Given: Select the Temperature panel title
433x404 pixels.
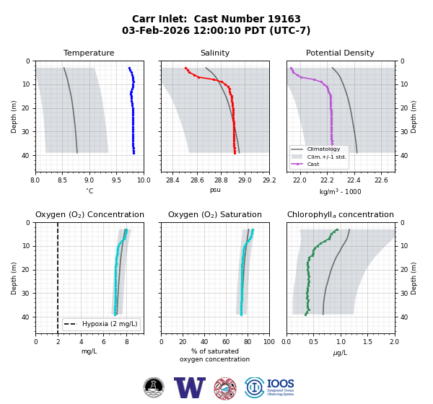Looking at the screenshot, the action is coord(89,53).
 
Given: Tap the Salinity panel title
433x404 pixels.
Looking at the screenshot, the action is coord(215,53).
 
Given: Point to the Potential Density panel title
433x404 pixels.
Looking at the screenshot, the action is coord(340,53).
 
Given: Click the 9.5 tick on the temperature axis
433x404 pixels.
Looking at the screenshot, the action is coord(116,180).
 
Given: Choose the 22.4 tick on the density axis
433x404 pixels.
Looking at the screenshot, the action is coord(354,180).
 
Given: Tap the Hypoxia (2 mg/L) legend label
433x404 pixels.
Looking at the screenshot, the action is coord(110,324).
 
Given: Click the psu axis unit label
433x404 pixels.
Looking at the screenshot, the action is coord(215,190).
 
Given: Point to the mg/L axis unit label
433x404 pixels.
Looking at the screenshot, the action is coord(89,351).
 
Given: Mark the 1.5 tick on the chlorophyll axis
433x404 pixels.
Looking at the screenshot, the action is coord(367,342).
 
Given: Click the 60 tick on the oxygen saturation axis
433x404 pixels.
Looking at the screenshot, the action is coord(226,342).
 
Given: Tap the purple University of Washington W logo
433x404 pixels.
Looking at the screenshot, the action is coord(190,387).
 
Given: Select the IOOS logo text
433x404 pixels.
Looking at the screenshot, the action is coord(280,384).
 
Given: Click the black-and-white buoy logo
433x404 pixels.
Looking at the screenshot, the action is coord(154,387).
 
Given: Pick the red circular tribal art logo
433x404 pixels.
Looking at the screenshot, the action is coord(225,389).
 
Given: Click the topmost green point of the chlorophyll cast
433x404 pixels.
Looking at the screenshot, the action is coord(337,229).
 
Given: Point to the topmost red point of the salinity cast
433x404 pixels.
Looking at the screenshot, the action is coord(186,68).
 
